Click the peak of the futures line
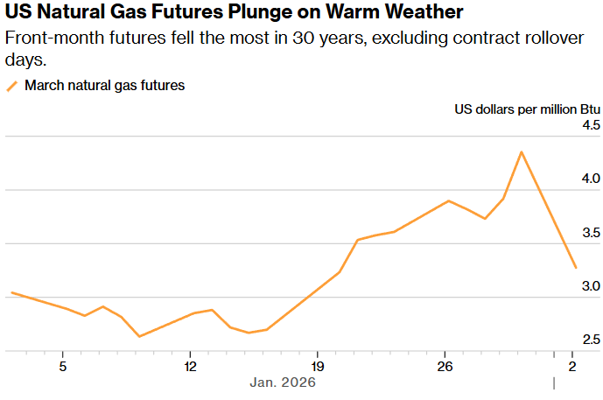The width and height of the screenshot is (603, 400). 522,151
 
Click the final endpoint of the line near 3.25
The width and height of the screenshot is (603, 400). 575,268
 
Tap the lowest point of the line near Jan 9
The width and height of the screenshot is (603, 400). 139,336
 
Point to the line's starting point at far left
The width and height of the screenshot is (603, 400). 11,292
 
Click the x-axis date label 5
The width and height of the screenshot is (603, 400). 63,365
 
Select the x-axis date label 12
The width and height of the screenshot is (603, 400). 190,365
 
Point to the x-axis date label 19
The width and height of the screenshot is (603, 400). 318,365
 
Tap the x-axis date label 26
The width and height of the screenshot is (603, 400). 445,365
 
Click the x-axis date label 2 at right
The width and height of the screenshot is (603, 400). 572,365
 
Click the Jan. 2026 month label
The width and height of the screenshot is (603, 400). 283,382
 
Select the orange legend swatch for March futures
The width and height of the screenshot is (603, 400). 12,86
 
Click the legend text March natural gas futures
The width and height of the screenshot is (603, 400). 104,86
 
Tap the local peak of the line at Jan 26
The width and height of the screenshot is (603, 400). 448,200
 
